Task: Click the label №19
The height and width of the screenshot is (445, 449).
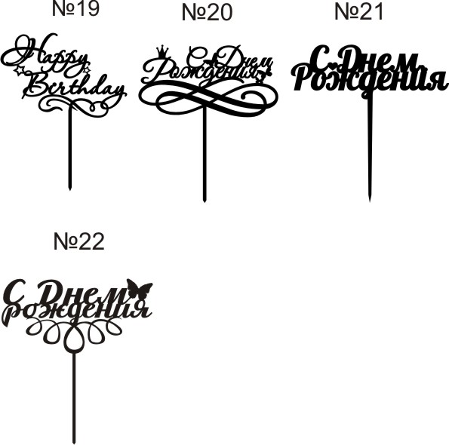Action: point(76,8)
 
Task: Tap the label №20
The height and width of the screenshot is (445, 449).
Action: point(207,13)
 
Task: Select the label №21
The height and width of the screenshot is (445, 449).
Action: point(358,12)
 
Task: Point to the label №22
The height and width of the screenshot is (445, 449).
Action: point(78,241)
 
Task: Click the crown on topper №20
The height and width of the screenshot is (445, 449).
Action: point(162,51)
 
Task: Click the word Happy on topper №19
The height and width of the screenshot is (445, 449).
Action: point(46,54)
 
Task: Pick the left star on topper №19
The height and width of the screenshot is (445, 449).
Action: point(20,70)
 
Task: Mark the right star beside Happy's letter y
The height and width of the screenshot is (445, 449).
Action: point(87,69)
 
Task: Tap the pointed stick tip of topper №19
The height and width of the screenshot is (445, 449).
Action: point(69,189)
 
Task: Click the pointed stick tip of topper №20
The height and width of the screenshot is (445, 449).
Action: point(205,201)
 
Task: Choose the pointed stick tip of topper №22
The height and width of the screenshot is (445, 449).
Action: point(74,443)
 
